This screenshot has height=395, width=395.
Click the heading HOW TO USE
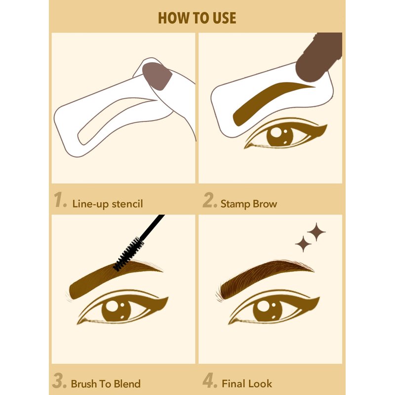coord(197,18)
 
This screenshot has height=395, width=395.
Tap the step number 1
coord(60,200)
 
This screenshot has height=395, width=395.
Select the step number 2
coord(209,200)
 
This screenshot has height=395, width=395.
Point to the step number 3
coord(59,381)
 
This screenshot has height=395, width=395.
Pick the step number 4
coord(209,381)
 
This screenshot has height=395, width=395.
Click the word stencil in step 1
coord(127,203)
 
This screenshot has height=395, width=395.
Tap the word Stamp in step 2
coord(236,204)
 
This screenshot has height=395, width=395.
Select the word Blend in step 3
coord(127,384)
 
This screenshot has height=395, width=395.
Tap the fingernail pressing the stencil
coord(157,76)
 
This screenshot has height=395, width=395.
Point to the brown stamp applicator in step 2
coord(319,57)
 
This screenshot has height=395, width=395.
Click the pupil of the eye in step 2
coord(280,137)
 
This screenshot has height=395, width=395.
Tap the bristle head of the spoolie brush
coord(128,254)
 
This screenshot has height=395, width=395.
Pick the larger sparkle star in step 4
coord(316,232)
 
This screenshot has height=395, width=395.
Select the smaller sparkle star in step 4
coord(303,244)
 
